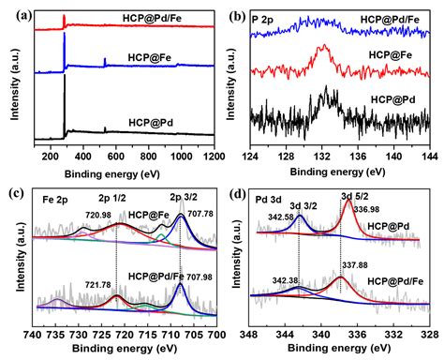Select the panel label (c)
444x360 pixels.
[x=15, y=193]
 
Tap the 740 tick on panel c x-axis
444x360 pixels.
[x=32, y=334]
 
